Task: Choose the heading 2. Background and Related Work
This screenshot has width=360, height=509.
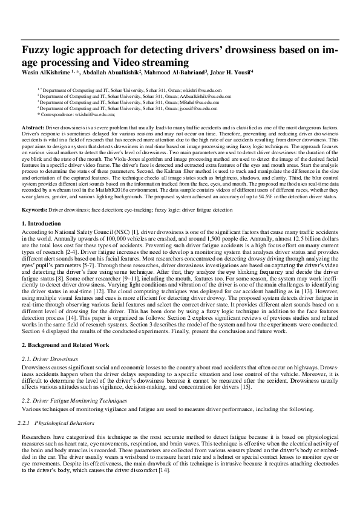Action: click(x=65, y=344)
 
